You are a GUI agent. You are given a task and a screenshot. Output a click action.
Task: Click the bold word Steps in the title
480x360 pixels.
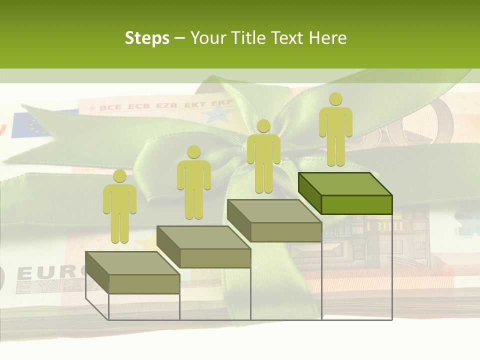(147, 38)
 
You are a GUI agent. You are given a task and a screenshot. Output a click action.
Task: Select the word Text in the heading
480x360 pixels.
(288, 38)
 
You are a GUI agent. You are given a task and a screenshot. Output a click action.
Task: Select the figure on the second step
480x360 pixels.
(193, 182)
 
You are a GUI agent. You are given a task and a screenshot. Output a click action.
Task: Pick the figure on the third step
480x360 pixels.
(263, 156)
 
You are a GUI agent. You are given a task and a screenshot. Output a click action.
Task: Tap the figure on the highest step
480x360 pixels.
(335, 129)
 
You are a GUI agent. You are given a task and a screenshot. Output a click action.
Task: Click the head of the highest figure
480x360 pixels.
(335, 99)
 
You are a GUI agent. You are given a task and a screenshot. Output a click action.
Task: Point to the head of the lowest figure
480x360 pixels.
(119, 175)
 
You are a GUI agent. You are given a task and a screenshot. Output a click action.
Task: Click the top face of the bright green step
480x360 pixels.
(345, 184)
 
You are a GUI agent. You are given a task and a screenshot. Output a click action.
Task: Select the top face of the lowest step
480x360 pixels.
(132, 263)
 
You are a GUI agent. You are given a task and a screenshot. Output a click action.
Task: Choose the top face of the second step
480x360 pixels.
(203, 237)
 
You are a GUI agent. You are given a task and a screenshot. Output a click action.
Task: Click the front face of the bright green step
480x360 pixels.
(356, 204)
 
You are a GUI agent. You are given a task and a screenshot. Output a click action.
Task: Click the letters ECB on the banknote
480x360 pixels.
(139, 106)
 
